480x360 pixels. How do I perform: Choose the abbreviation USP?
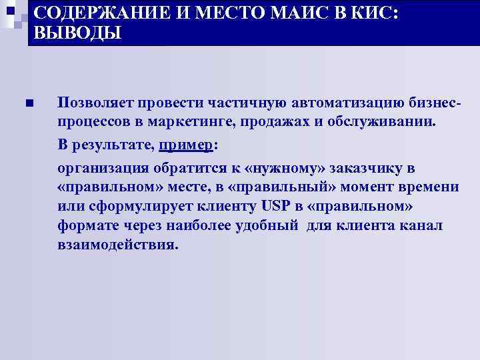click(270, 206)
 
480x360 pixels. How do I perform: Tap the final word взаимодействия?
click(117, 245)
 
